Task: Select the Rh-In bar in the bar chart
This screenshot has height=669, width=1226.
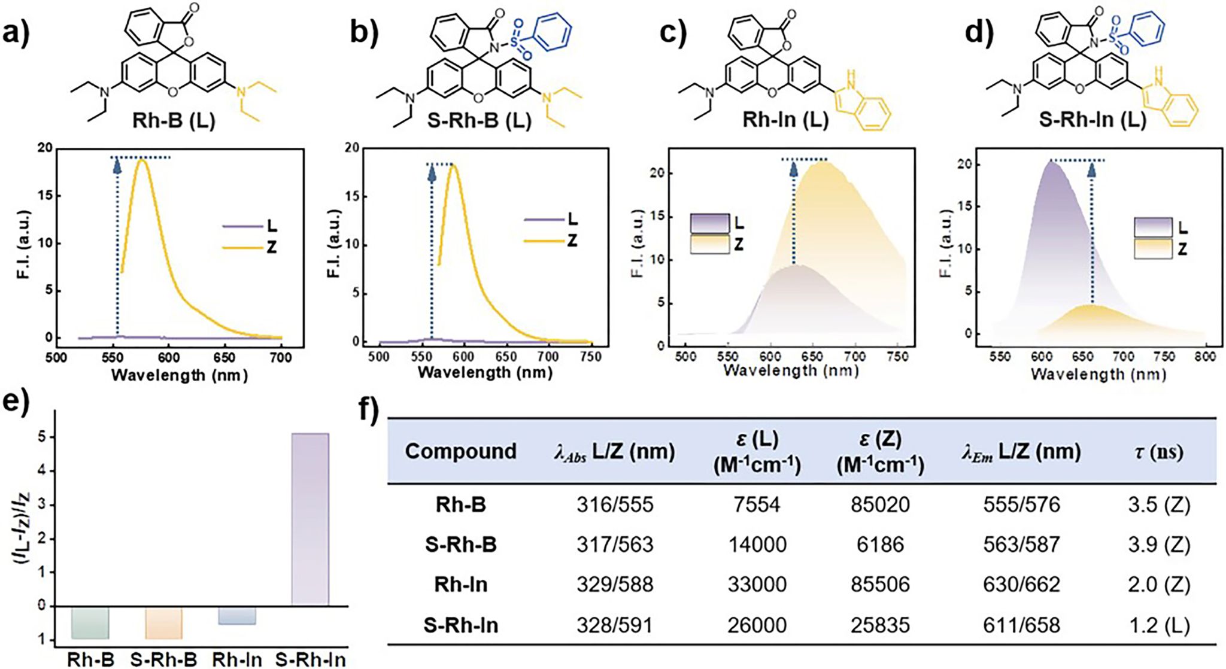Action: (236, 616)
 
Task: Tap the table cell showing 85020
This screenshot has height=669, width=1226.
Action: (879, 504)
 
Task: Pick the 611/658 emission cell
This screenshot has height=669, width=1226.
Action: (1021, 625)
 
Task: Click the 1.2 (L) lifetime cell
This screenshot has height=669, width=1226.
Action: (1158, 625)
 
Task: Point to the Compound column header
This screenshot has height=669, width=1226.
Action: (460, 451)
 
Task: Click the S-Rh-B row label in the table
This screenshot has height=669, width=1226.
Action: (460, 545)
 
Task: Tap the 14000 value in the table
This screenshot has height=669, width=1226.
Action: (757, 545)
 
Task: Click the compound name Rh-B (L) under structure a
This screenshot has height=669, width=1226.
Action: (174, 120)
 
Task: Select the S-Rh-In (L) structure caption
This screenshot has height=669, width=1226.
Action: (1092, 120)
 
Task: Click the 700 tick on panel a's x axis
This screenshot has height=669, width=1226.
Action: (281, 358)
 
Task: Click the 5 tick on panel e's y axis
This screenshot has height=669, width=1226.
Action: (41, 437)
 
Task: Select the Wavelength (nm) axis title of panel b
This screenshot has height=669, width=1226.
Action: (485, 373)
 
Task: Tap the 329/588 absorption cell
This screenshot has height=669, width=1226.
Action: (615, 585)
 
